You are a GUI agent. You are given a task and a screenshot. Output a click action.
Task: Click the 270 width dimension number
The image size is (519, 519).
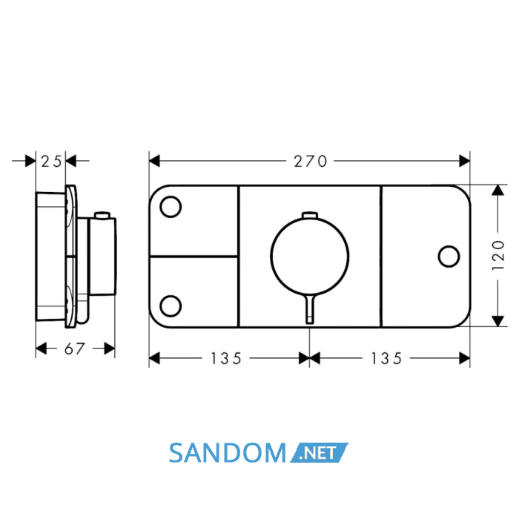(x=310, y=161)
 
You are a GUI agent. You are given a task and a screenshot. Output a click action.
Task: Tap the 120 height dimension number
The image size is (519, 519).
(x=498, y=255)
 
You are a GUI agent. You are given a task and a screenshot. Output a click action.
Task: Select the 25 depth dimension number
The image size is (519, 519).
(x=51, y=161)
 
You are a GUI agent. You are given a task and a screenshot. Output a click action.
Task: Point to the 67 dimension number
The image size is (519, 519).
(x=74, y=348)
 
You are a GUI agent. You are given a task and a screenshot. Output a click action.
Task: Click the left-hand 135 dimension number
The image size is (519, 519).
(x=226, y=358)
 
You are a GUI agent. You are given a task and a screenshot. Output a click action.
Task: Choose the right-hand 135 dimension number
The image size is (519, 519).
(x=386, y=358)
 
